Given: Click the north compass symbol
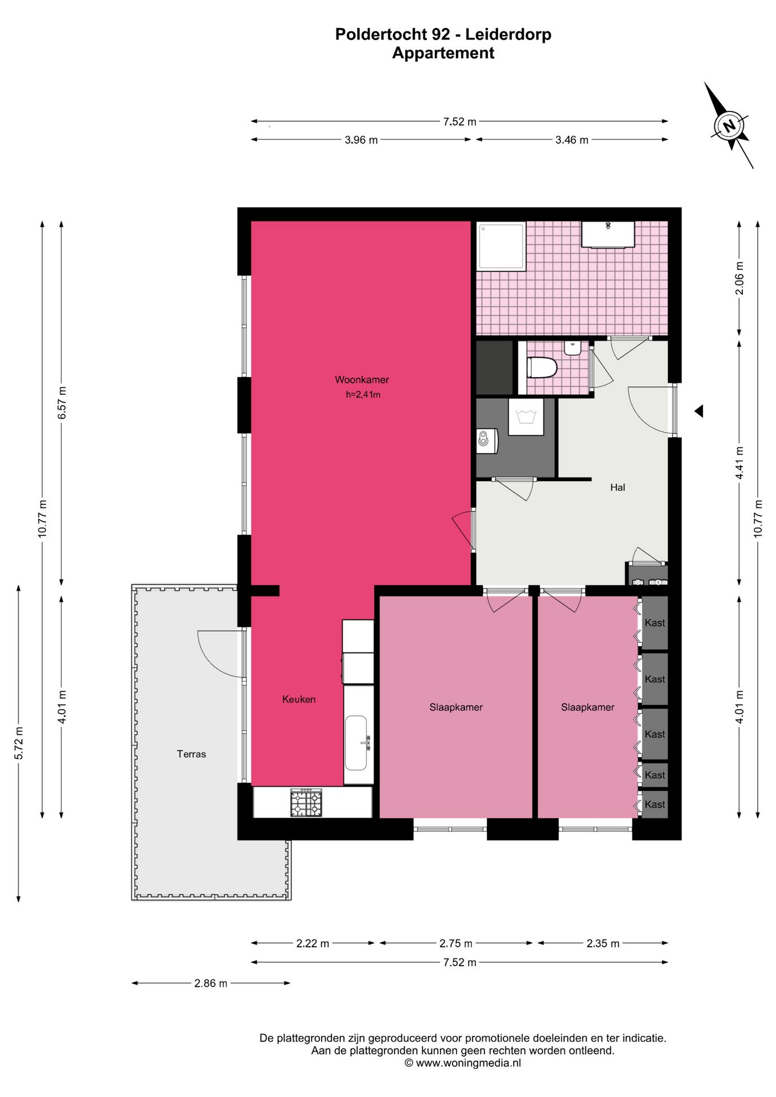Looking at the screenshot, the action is (729, 125).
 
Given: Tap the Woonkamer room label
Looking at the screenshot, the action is (362, 380).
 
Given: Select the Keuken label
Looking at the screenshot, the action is (299, 699).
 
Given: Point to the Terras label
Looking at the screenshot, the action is (191, 754).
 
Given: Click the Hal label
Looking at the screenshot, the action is (618, 487).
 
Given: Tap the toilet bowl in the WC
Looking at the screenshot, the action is (541, 367).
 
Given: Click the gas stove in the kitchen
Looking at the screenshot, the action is (306, 803).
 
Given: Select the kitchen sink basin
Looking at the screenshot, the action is (357, 743).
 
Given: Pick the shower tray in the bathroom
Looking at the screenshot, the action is (501, 246).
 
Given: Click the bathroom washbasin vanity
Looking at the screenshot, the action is (608, 235).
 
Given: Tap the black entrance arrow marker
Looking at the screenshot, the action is (699, 411).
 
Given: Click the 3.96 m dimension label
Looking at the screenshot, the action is (361, 140).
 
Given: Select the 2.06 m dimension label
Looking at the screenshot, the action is (739, 278).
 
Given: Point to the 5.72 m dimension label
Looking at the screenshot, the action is (19, 743).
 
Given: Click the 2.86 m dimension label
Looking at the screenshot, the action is (211, 983).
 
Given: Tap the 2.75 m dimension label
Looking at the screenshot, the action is (456, 943).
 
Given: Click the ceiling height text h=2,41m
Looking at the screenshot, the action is (363, 395).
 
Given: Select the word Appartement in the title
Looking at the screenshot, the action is (443, 53).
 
